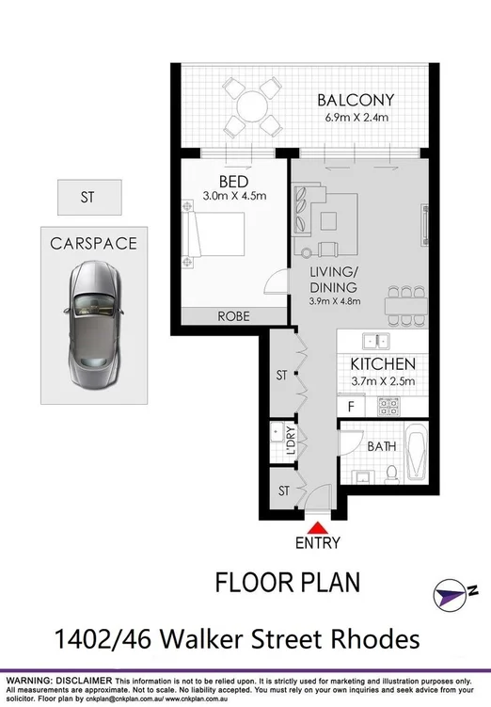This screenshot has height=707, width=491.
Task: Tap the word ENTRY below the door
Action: [319, 543]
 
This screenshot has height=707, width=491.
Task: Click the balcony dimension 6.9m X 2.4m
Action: [355, 119]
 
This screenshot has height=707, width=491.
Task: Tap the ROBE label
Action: [233, 317]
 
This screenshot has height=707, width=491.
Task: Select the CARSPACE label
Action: [93, 244]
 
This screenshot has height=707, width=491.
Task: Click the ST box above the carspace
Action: [87, 198]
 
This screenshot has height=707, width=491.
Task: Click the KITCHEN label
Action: [383, 363]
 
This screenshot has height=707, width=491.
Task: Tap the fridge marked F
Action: [351, 407]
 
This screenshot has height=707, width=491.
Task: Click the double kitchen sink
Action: [378, 341]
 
